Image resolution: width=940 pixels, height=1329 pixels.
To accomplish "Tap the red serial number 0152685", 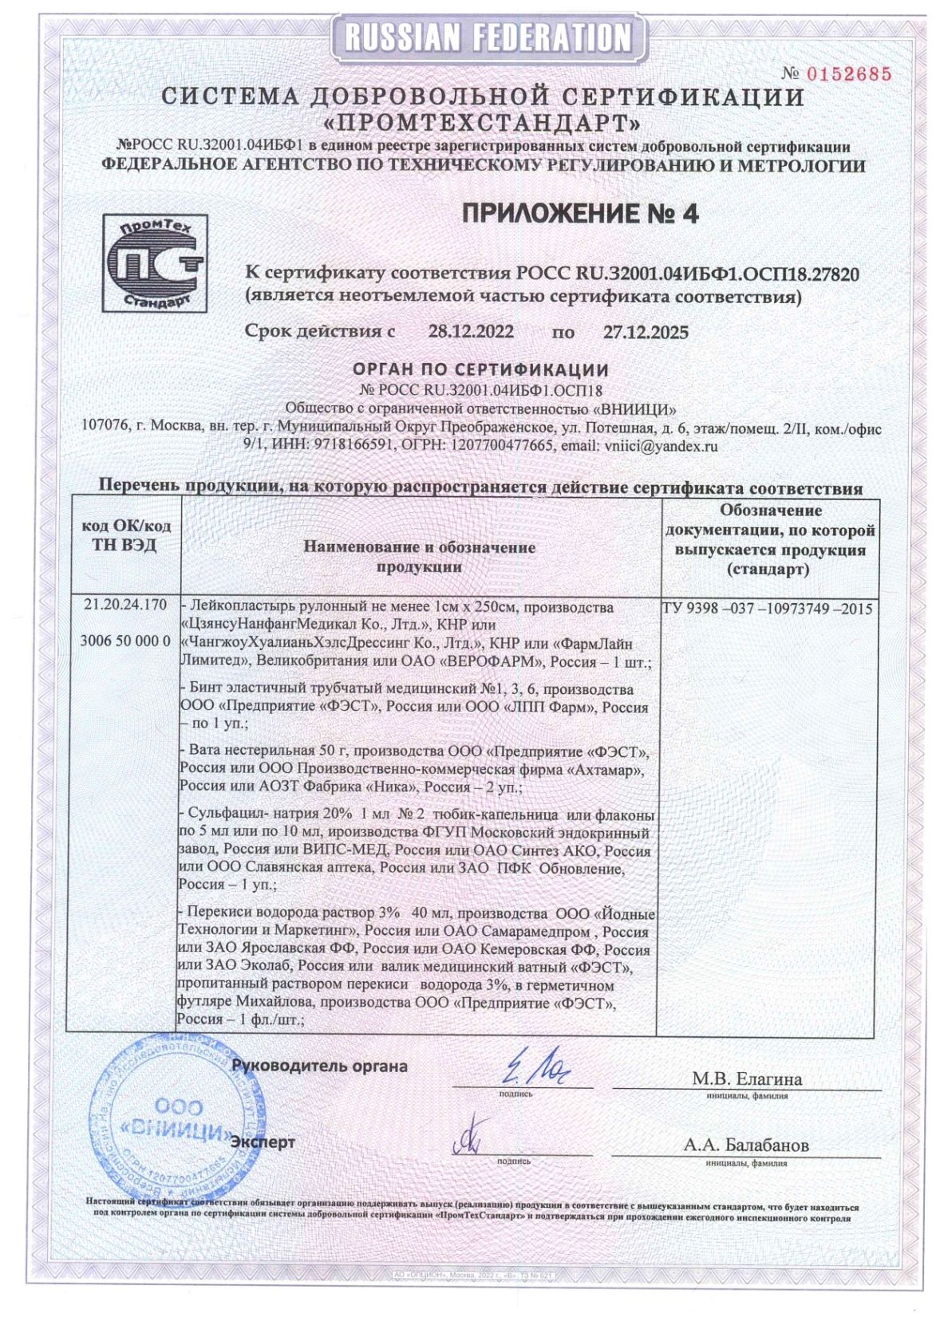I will (848, 74).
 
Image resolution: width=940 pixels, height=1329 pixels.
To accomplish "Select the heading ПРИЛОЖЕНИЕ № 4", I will (580, 214).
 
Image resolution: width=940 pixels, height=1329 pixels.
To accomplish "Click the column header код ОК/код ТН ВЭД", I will (127, 536).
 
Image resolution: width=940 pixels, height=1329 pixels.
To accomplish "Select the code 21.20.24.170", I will (126, 605).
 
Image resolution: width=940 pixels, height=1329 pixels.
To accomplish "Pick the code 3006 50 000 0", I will (126, 641).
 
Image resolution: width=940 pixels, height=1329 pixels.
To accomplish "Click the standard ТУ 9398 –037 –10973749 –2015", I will (767, 609).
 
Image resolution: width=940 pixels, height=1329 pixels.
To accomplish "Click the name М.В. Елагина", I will (746, 1079).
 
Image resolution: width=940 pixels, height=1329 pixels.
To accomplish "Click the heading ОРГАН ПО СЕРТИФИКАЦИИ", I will (480, 370).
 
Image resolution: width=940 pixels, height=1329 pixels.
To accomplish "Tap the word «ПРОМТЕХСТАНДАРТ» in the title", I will (484, 124).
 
